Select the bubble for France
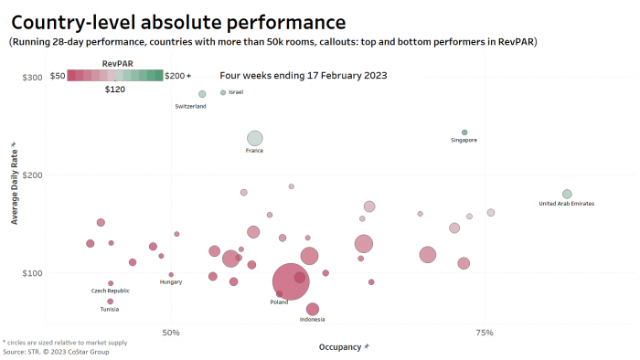255,139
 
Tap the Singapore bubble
464,132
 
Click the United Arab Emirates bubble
567,194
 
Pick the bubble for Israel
223,92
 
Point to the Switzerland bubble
202,94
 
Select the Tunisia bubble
111,301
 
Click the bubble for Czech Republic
111,283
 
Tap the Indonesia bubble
313,309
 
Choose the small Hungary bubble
171,274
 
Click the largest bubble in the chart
292,280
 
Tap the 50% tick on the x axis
171,332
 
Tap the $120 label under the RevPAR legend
115,90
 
